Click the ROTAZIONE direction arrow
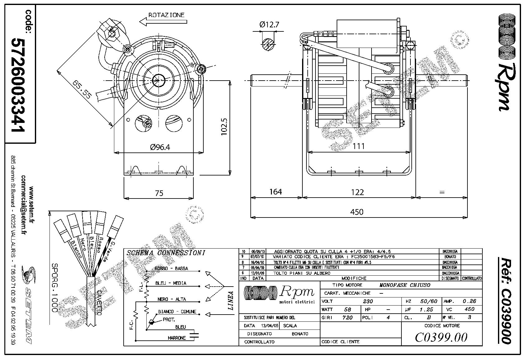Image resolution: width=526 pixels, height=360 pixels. pos(163,21)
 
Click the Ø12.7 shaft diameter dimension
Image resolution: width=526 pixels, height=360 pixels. pos(269,24)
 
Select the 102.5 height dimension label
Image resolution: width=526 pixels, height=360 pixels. pos(224,126)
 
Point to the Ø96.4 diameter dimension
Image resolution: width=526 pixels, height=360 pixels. pos(160,147)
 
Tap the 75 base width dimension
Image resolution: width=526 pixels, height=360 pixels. pos(159,193)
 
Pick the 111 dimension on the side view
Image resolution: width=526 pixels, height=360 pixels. pos(358,146)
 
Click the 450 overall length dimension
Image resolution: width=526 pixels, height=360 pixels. pos(357,212)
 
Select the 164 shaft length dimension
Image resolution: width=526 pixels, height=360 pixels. pos(276,192)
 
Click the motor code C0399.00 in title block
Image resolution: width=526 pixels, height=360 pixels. pos(441,337)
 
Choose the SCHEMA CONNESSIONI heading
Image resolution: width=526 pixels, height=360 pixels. pos(166,253)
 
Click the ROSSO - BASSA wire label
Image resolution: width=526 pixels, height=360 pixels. pos(171,268)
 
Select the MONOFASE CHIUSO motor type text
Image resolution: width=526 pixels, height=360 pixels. pos(405,285)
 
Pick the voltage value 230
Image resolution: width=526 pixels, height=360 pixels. pos(368,301)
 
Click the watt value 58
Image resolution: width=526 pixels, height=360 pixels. pos(348,309)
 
